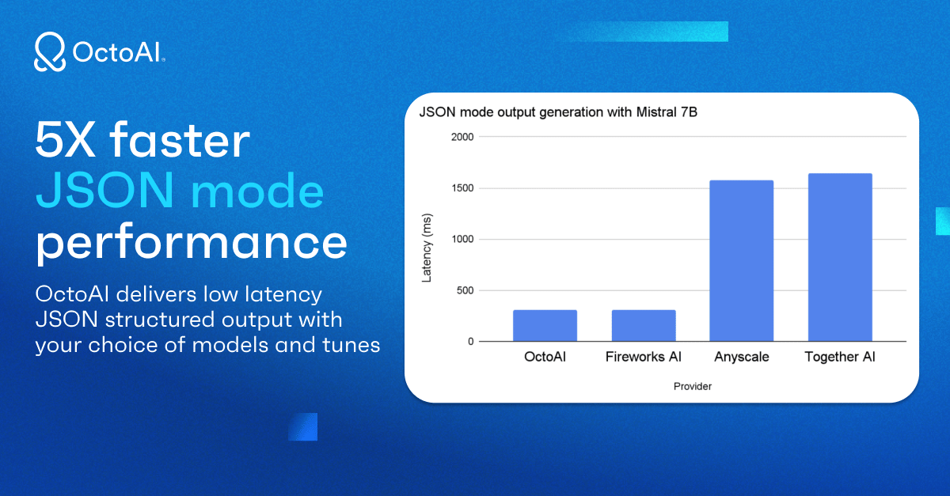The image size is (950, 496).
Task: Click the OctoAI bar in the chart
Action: point(545,326)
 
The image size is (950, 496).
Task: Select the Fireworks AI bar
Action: point(644,326)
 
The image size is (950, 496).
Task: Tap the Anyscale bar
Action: point(742,261)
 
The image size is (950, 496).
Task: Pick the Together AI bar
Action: point(840,257)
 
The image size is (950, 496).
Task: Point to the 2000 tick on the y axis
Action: point(462,137)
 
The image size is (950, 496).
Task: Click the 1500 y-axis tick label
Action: point(462,188)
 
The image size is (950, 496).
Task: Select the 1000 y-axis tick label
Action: point(462,239)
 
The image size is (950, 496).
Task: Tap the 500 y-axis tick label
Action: point(465,290)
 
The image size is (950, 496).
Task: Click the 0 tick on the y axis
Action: point(471,342)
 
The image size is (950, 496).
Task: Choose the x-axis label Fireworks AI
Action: point(644,357)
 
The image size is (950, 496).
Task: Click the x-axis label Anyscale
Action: point(742,357)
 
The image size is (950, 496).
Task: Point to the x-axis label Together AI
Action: point(840,357)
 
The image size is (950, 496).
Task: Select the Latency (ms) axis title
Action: point(427,248)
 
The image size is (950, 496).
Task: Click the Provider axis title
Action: point(693,386)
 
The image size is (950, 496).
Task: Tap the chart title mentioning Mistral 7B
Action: point(558,112)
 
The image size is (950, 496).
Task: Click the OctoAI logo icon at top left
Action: point(50,51)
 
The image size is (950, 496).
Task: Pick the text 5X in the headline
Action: point(65,139)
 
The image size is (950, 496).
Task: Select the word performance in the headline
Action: point(192,242)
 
